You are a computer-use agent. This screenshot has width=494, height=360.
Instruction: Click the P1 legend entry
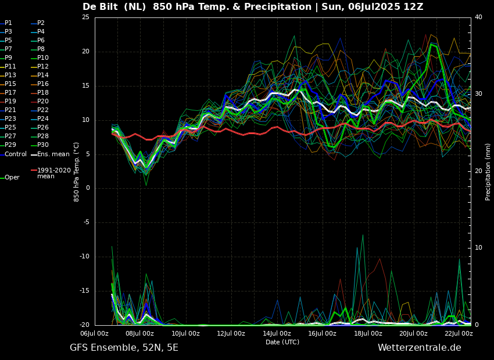tap(6, 23)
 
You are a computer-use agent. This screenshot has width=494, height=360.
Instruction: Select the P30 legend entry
tap(40, 145)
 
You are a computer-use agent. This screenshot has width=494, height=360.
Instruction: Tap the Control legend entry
tap(13, 154)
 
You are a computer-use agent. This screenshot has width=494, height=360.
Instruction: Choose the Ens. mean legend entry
tap(50, 154)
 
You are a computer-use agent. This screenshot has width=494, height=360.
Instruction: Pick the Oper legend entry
tap(10, 178)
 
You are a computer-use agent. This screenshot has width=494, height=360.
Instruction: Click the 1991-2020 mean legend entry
tap(51, 173)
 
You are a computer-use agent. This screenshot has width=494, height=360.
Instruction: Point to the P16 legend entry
tap(40, 84)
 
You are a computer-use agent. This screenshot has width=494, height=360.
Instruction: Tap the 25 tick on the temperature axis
tap(85, 17)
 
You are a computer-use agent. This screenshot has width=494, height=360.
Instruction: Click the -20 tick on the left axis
tap(84, 325)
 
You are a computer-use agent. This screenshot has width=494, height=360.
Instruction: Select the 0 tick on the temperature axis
tap(88, 188)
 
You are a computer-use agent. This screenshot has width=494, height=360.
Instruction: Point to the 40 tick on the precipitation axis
tap(478, 17)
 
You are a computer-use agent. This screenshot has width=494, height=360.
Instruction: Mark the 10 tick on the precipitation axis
tap(478, 247)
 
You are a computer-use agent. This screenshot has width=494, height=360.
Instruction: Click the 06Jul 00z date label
tap(95, 333)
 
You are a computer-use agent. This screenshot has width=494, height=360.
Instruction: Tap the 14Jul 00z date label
tap(277, 333)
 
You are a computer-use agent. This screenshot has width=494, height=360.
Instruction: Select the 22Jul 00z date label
tap(459, 333)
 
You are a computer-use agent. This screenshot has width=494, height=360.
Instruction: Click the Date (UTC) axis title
tap(282, 342)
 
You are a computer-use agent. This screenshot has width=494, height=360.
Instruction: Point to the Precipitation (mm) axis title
tap(488, 171)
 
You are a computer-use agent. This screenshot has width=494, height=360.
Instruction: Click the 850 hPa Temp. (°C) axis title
tap(76, 172)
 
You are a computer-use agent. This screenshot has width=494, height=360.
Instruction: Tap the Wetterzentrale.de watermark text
tap(420, 348)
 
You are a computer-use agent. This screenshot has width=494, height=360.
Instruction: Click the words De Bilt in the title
tap(100, 6)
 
